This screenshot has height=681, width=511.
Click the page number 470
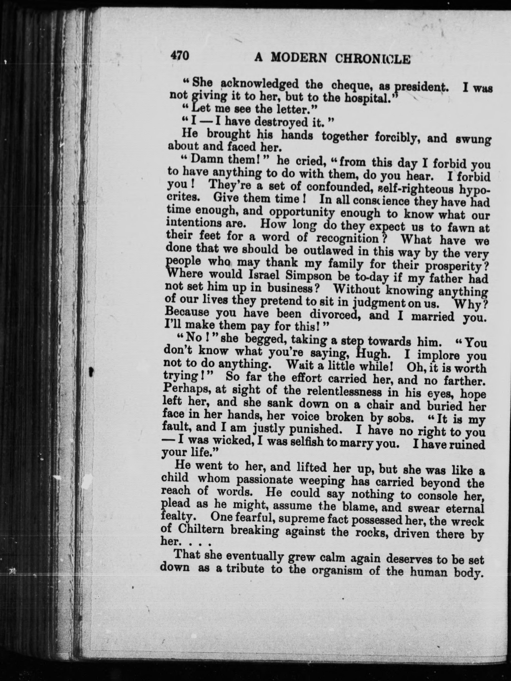[180, 56]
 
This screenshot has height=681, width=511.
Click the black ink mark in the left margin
[91, 372]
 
